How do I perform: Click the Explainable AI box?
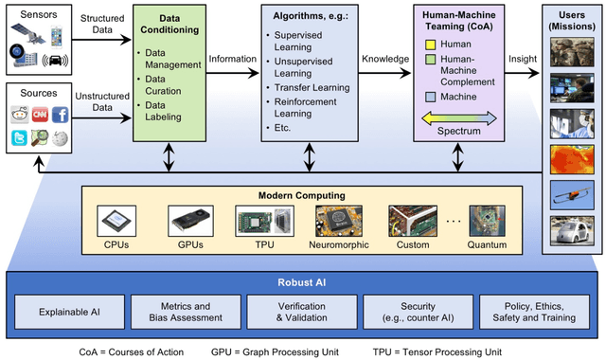click(69, 310)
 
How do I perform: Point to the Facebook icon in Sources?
click(60, 115)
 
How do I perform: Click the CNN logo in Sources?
click(40, 115)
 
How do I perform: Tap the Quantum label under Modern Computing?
click(482, 245)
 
